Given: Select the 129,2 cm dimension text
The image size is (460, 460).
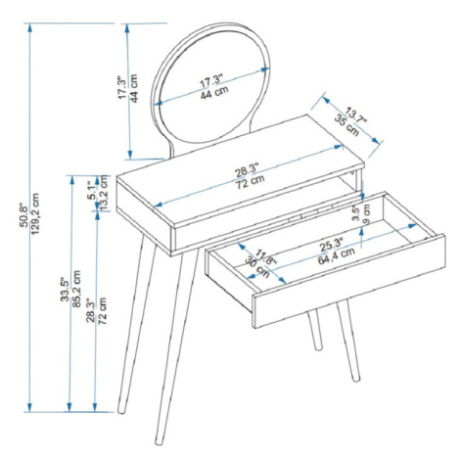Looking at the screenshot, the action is click(x=35, y=213).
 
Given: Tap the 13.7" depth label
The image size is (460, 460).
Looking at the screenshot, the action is click(x=356, y=115).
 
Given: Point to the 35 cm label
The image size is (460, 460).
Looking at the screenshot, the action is click(x=346, y=125).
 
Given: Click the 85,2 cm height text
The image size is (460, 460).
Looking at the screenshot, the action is click(x=76, y=289).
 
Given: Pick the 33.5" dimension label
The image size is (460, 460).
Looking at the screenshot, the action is click(x=66, y=289).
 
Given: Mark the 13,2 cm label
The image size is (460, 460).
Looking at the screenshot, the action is click(x=104, y=193).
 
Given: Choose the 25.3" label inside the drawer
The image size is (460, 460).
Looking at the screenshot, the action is click(x=332, y=245).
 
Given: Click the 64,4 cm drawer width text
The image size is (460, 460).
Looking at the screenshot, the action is click(x=337, y=256).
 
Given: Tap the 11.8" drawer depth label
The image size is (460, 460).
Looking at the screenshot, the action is click(x=266, y=257).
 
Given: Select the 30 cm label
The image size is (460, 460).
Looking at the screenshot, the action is click(x=257, y=267).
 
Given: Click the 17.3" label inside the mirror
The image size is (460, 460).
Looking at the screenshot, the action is click(x=211, y=80).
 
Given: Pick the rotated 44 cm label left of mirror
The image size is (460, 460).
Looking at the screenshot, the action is click(x=134, y=88).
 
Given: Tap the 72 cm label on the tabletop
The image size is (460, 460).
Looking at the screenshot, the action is click(x=250, y=182).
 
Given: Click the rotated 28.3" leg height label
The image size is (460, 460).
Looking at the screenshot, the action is click(x=91, y=310).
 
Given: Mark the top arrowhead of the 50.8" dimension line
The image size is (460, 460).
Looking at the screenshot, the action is click(x=30, y=27).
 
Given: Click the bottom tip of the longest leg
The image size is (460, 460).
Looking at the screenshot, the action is click(x=159, y=442).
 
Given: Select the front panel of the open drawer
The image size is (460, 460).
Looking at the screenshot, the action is click(x=349, y=281).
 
